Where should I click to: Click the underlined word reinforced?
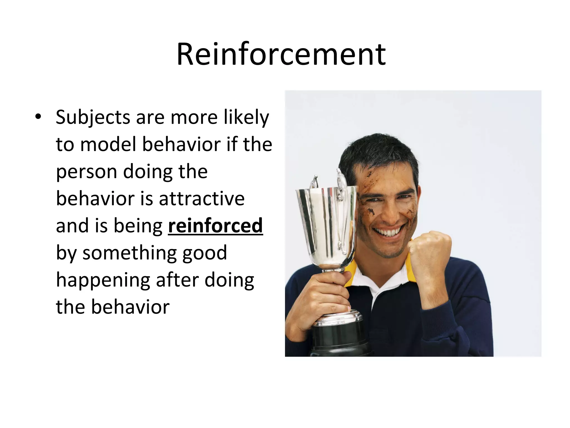[x=215, y=226]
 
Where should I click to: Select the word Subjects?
[x=93, y=118]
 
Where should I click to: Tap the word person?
[x=86, y=172]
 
